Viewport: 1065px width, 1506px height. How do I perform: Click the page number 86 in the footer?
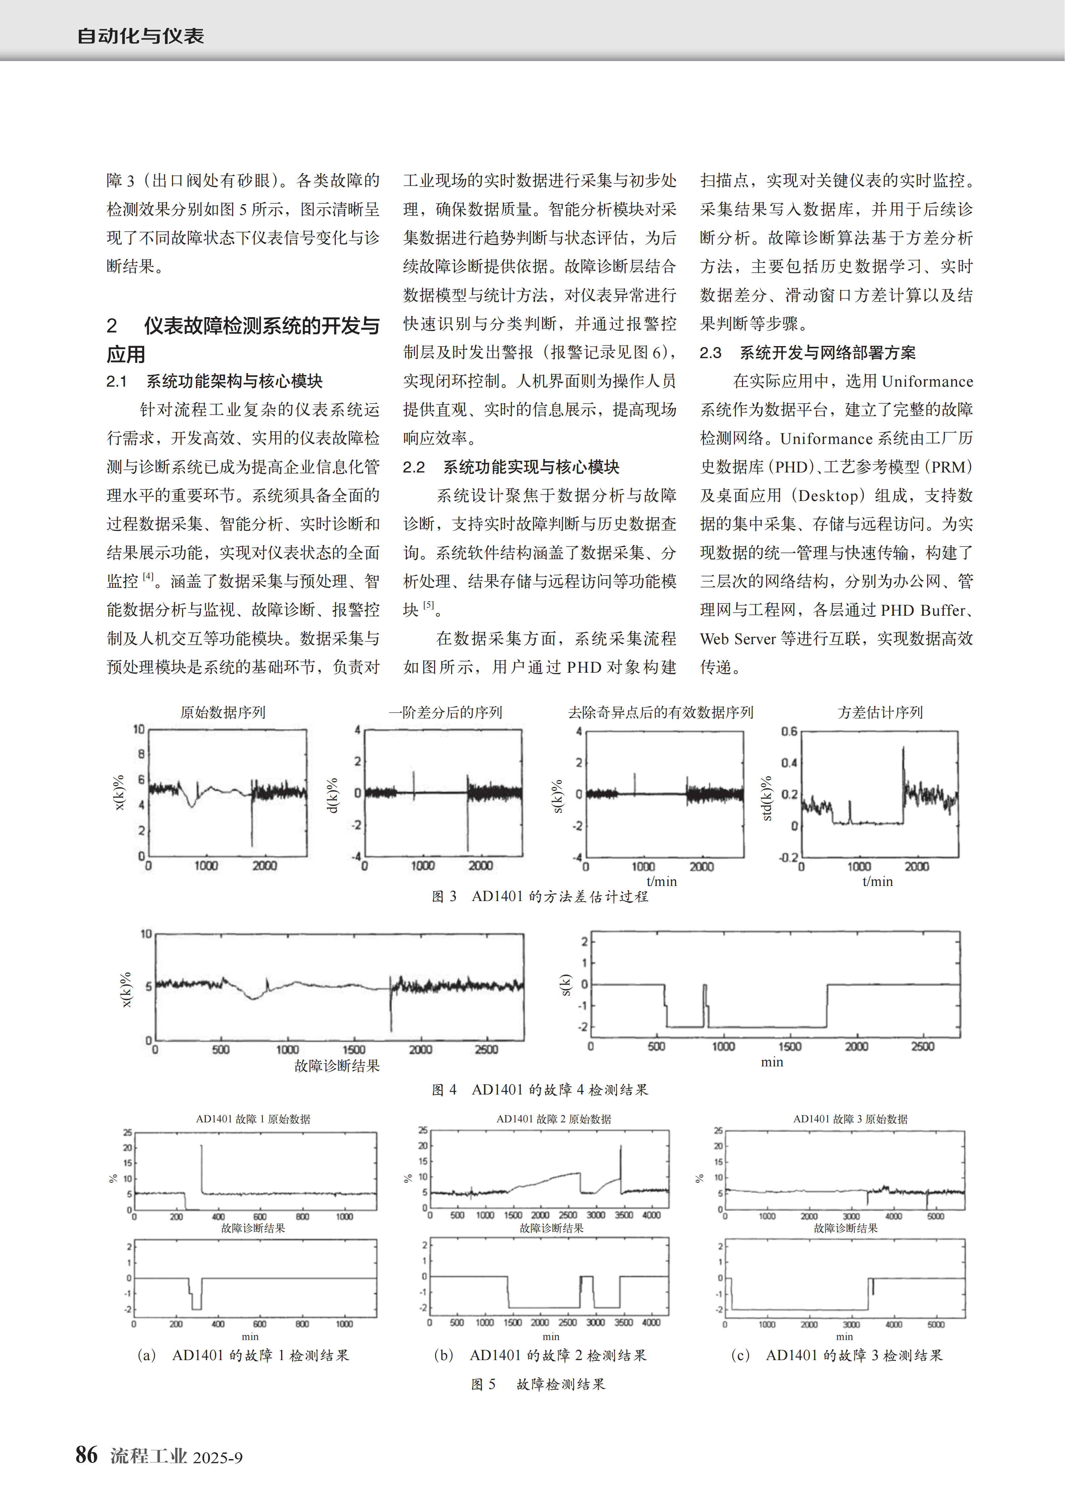point(87,1455)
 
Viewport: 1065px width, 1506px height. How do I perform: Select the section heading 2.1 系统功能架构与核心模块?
point(215,381)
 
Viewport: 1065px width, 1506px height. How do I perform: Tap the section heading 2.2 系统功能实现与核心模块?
point(511,467)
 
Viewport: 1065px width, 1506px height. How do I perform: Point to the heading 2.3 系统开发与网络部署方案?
point(808,353)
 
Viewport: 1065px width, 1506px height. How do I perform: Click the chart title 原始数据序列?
point(223,712)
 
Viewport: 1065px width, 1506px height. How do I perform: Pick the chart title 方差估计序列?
point(880,712)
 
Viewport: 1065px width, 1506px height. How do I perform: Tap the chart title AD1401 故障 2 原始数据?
point(553,1119)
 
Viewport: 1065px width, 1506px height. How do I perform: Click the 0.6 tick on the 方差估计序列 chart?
point(789,731)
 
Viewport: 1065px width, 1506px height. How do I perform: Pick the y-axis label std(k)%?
point(766,798)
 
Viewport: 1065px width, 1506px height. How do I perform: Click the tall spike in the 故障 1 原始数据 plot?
point(202,1168)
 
